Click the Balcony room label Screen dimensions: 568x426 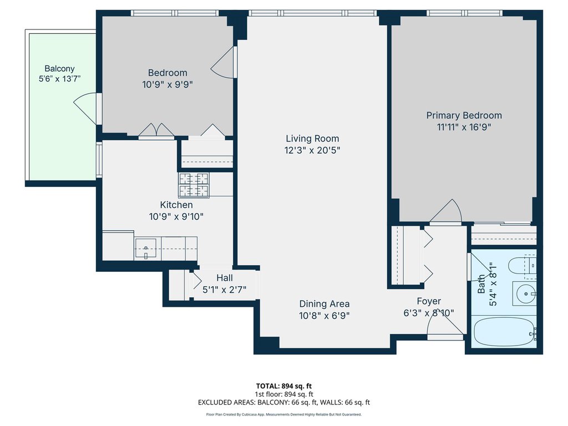(59, 68)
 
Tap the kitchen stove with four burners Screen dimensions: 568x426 (194, 185)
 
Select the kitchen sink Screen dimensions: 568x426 (146, 248)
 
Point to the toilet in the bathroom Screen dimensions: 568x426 (522, 266)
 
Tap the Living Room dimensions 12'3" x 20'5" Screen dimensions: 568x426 (312, 150)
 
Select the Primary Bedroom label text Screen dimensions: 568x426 (464, 115)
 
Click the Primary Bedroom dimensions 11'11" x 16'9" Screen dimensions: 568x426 (464, 127)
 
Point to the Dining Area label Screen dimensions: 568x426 (324, 303)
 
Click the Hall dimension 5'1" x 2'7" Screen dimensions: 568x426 (224, 290)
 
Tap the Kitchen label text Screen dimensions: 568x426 (176, 205)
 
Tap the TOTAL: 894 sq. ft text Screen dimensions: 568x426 (284, 386)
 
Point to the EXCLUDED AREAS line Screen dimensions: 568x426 (284, 402)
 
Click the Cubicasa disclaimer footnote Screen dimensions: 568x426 (284, 414)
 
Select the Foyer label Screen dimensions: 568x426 (429, 301)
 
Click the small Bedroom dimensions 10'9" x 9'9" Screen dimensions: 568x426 (168, 84)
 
